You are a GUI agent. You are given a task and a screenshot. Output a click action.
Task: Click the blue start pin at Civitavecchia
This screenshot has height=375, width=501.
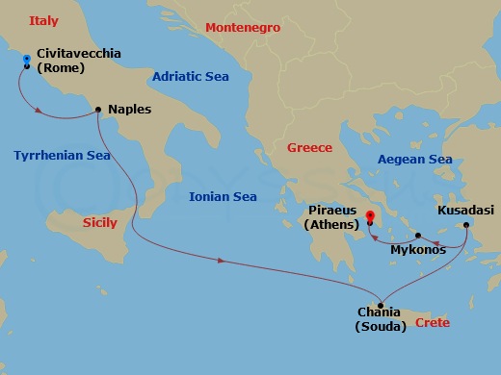pyautogui.click(x=27, y=61)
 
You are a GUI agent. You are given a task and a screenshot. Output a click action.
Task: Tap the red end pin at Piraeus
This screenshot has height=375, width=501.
pyautogui.click(x=370, y=215)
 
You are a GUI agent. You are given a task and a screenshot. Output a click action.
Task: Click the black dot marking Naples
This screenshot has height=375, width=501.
pyautogui.click(x=98, y=110)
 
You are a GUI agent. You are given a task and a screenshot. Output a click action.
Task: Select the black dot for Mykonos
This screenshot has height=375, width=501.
pyautogui.click(x=418, y=235)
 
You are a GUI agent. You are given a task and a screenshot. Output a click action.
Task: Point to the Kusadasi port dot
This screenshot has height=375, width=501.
pyautogui.click(x=466, y=226)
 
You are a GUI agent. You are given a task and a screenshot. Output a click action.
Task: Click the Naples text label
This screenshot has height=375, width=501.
pyautogui.click(x=130, y=110)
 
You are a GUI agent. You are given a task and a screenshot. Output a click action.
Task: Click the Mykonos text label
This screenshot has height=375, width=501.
pyautogui.click(x=418, y=250)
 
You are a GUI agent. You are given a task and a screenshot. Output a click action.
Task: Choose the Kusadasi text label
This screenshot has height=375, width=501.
pyautogui.click(x=466, y=209)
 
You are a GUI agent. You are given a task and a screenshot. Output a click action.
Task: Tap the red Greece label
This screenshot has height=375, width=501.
pyautogui.click(x=309, y=147)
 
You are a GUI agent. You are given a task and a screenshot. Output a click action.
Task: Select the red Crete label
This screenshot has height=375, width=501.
pyautogui.click(x=432, y=323)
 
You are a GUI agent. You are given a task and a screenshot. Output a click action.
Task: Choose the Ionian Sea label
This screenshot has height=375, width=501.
pyautogui.click(x=223, y=196)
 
